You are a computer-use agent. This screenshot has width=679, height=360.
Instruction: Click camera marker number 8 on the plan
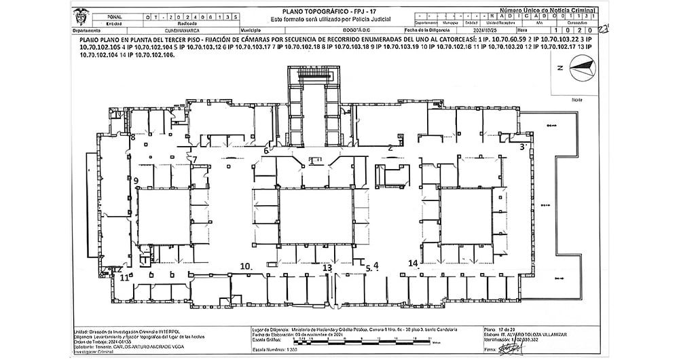click(x=133, y=138)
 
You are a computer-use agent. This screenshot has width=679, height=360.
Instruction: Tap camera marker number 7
click(x=194, y=160)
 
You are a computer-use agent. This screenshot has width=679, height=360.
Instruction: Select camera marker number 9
click(x=136, y=180)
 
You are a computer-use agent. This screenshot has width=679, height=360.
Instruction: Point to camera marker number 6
click(x=266, y=150)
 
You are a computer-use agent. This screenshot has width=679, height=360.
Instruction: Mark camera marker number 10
click(x=246, y=266)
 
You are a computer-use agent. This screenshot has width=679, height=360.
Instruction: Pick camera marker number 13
click(x=327, y=268)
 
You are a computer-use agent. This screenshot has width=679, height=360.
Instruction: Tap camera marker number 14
click(x=413, y=263)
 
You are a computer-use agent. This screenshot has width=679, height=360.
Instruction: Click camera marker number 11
click(x=124, y=277)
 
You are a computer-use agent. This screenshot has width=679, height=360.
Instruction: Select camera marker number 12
click(x=117, y=269)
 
